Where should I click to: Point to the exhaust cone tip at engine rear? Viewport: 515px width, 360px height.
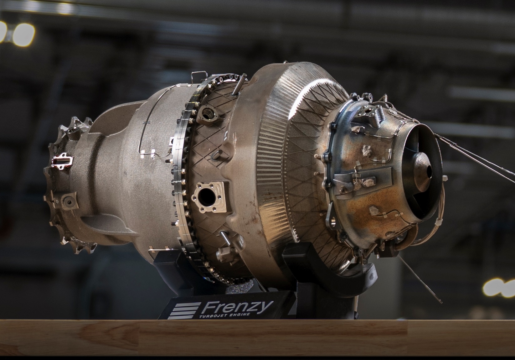pos(428,170)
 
